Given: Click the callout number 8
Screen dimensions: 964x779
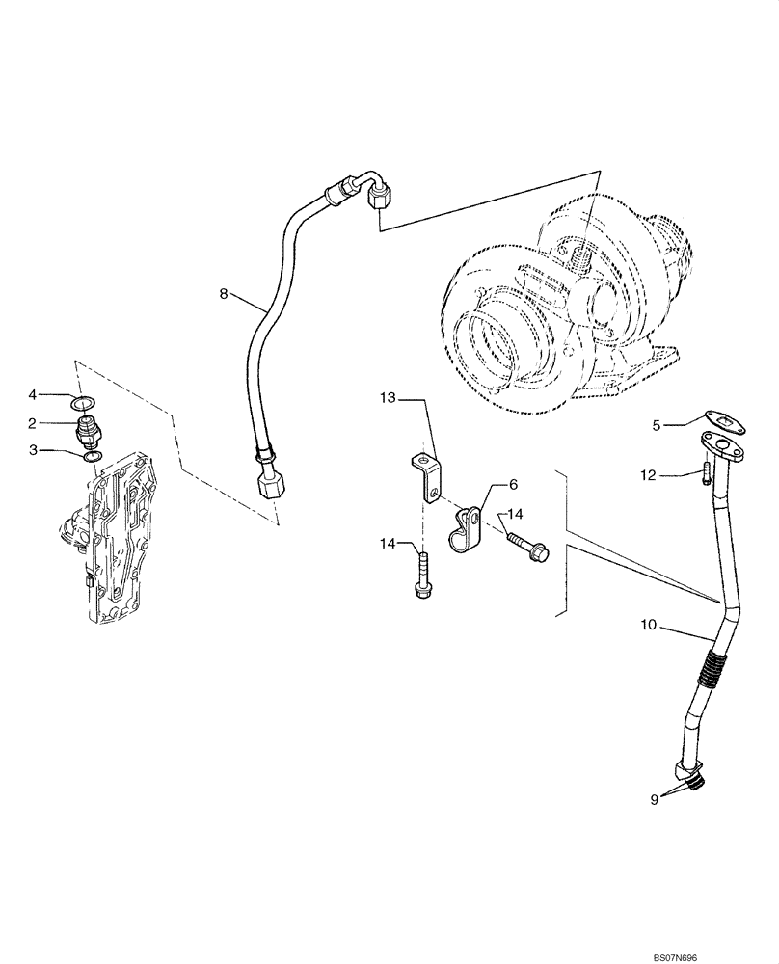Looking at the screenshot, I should coord(224,294).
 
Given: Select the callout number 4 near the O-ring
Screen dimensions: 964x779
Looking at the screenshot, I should coord(59,394).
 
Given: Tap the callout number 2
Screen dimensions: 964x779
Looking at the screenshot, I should coord(59,422).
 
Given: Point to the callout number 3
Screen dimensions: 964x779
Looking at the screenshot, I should coord(59,449).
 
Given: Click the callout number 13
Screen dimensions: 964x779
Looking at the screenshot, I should coord(387,397).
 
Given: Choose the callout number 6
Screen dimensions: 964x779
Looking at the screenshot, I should coord(514,483).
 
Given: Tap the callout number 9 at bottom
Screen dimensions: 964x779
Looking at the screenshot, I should coord(654,798).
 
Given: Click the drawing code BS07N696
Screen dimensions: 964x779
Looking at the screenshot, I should coord(737,953).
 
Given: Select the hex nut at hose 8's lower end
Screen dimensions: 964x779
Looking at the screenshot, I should coord(269,479).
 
